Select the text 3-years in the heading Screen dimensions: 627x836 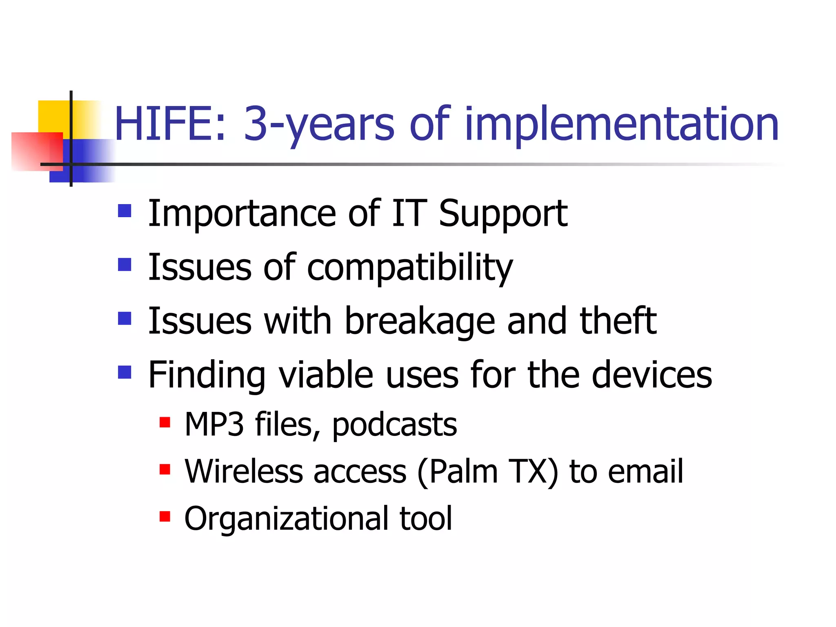pos(319,125)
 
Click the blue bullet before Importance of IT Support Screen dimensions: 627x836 pos(125,211)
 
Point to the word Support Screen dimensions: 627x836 pos(502,214)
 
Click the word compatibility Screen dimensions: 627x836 pos(409,267)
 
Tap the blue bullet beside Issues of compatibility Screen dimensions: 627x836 pos(125,265)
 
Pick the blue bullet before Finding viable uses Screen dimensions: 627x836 pos(125,372)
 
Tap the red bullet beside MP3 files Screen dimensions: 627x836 pos(165,422)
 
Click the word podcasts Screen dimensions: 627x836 pos(394,425)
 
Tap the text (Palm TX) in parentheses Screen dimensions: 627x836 pos(487,472)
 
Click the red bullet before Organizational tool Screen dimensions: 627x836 pos(165,516)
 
